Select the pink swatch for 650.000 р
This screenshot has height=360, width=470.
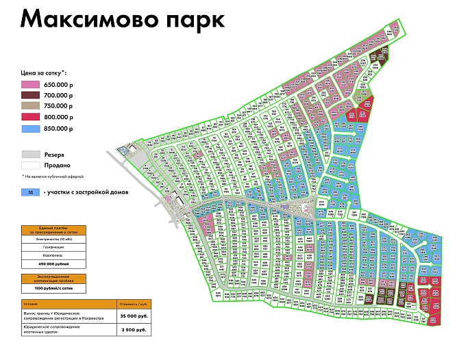pos(31,84)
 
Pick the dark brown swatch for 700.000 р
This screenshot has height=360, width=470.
pos(31,95)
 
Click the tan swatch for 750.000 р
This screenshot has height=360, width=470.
pos(31,106)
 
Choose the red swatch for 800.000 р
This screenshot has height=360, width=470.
pos(31,117)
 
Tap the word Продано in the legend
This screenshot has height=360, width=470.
pos(58,166)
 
